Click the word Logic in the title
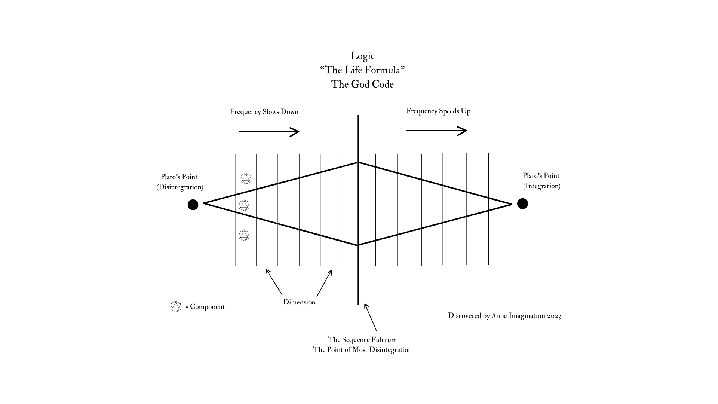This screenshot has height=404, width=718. pyautogui.click(x=362, y=56)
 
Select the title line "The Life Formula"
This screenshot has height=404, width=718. pyautogui.click(x=362, y=70)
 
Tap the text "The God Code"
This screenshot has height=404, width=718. pyautogui.click(x=362, y=84)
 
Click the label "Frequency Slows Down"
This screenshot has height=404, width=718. pyautogui.click(x=264, y=112)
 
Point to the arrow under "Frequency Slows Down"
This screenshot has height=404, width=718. pyautogui.click(x=269, y=132)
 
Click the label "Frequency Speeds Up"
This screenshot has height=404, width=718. pyautogui.click(x=438, y=111)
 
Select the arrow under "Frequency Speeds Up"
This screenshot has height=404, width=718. pyautogui.click(x=436, y=131)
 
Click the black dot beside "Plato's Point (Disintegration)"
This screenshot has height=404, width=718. pyautogui.click(x=193, y=205)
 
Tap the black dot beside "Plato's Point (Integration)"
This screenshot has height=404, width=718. pyautogui.click(x=522, y=203)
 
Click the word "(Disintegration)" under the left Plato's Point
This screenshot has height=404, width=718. pyautogui.click(x=180, y=187)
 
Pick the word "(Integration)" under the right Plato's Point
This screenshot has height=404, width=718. pyautogui.click(x=542, y=186)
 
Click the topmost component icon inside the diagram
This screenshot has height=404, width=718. pyautogui.click(x=246, y=178)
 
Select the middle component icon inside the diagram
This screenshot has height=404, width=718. pyautogui.click(x=244, y=205)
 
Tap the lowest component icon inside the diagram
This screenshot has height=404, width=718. pyautogui.click(x=244, y=235)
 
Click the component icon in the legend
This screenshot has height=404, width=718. pyautogui.click(x=175, y=307)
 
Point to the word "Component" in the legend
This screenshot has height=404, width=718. pyautogui.click(x=207, y=307)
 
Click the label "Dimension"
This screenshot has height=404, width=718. pyautogui.click(x=299, y=302)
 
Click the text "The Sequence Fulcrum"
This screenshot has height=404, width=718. pyautogui.click(x=362, y=340)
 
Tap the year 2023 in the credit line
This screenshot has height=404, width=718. pyautogui.click(x=554, y=316)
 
